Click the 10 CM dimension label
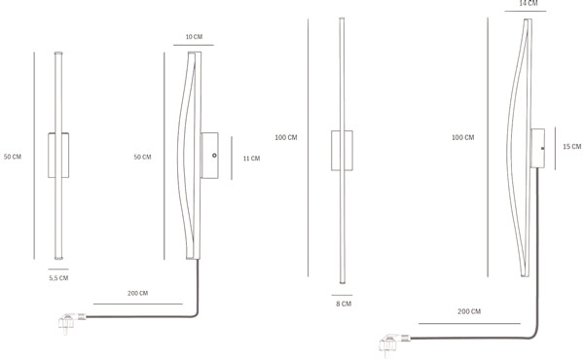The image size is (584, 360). (194, 37)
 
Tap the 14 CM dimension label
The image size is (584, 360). (529, 3)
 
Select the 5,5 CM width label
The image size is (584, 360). (58, 278)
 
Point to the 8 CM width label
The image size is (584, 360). (344, 304)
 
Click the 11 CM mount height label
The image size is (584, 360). (251, 159)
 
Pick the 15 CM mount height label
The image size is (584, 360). (571, 147)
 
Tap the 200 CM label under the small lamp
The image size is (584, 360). (138, 294)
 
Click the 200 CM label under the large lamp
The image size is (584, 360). (469, 311)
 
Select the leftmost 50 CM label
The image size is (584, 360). (13, 157)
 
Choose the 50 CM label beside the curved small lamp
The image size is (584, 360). (142, 157)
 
